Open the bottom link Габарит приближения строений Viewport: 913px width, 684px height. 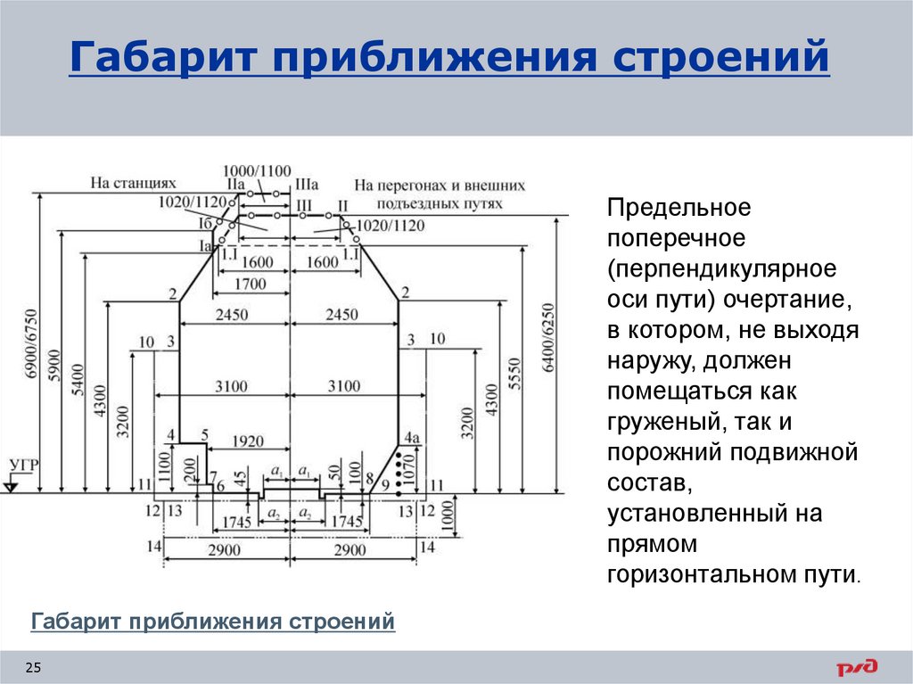(213, 621)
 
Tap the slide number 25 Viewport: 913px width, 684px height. (33, 668)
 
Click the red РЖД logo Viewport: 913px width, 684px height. (857, 667)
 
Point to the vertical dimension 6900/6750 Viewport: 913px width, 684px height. (31, 343)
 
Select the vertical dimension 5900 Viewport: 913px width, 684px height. (54, 366)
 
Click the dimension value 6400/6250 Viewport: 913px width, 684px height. (548, 338)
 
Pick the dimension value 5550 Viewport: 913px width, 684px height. (514, 374)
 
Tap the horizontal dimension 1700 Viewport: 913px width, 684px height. (250, 284)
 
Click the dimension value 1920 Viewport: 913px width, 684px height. (248, 441)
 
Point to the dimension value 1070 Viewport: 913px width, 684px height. (407, 470)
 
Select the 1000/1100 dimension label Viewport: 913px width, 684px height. (257, 170)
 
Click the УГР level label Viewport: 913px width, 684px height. (24, 465)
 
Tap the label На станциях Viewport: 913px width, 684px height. (134, 183)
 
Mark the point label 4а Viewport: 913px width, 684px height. (412, 437)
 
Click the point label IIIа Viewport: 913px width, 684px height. (307, 185)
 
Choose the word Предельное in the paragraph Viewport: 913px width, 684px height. (679, 208)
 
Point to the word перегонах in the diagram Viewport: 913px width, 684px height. (415, 185)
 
